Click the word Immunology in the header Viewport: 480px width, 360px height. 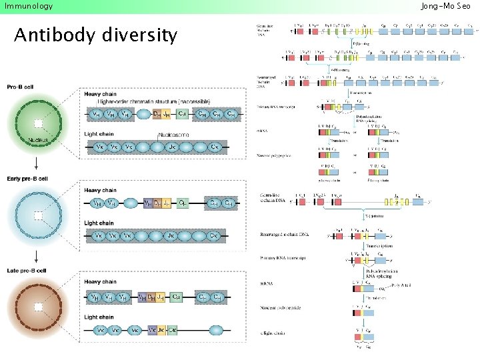[29, 6]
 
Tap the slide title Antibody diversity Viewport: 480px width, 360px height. [96, 35]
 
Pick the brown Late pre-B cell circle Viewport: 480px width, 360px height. [39, 306]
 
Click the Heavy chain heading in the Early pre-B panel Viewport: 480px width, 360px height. [100, 191]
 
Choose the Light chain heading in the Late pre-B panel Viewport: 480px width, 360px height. [99, 317]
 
